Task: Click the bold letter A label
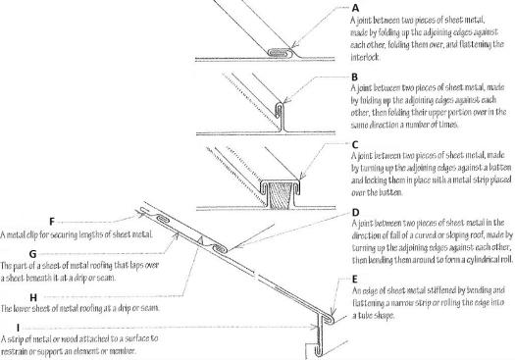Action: (x=355, y=8)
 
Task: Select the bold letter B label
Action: (x=354, y=77)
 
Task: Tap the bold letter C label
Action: (x=355, y=145)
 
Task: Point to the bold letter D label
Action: (x=355, y=213)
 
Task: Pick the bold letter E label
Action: (x=355, y=280)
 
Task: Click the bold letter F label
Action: (x=52, y=222)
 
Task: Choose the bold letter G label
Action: (x=32, y=254)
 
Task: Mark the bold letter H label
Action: (x=33, y=297)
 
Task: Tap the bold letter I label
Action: (x=18, y=328)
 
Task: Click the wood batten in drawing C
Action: (x=280, y=195)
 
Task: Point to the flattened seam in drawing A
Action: (x=280, y=52)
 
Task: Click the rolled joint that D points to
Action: (x=220, y=249)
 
